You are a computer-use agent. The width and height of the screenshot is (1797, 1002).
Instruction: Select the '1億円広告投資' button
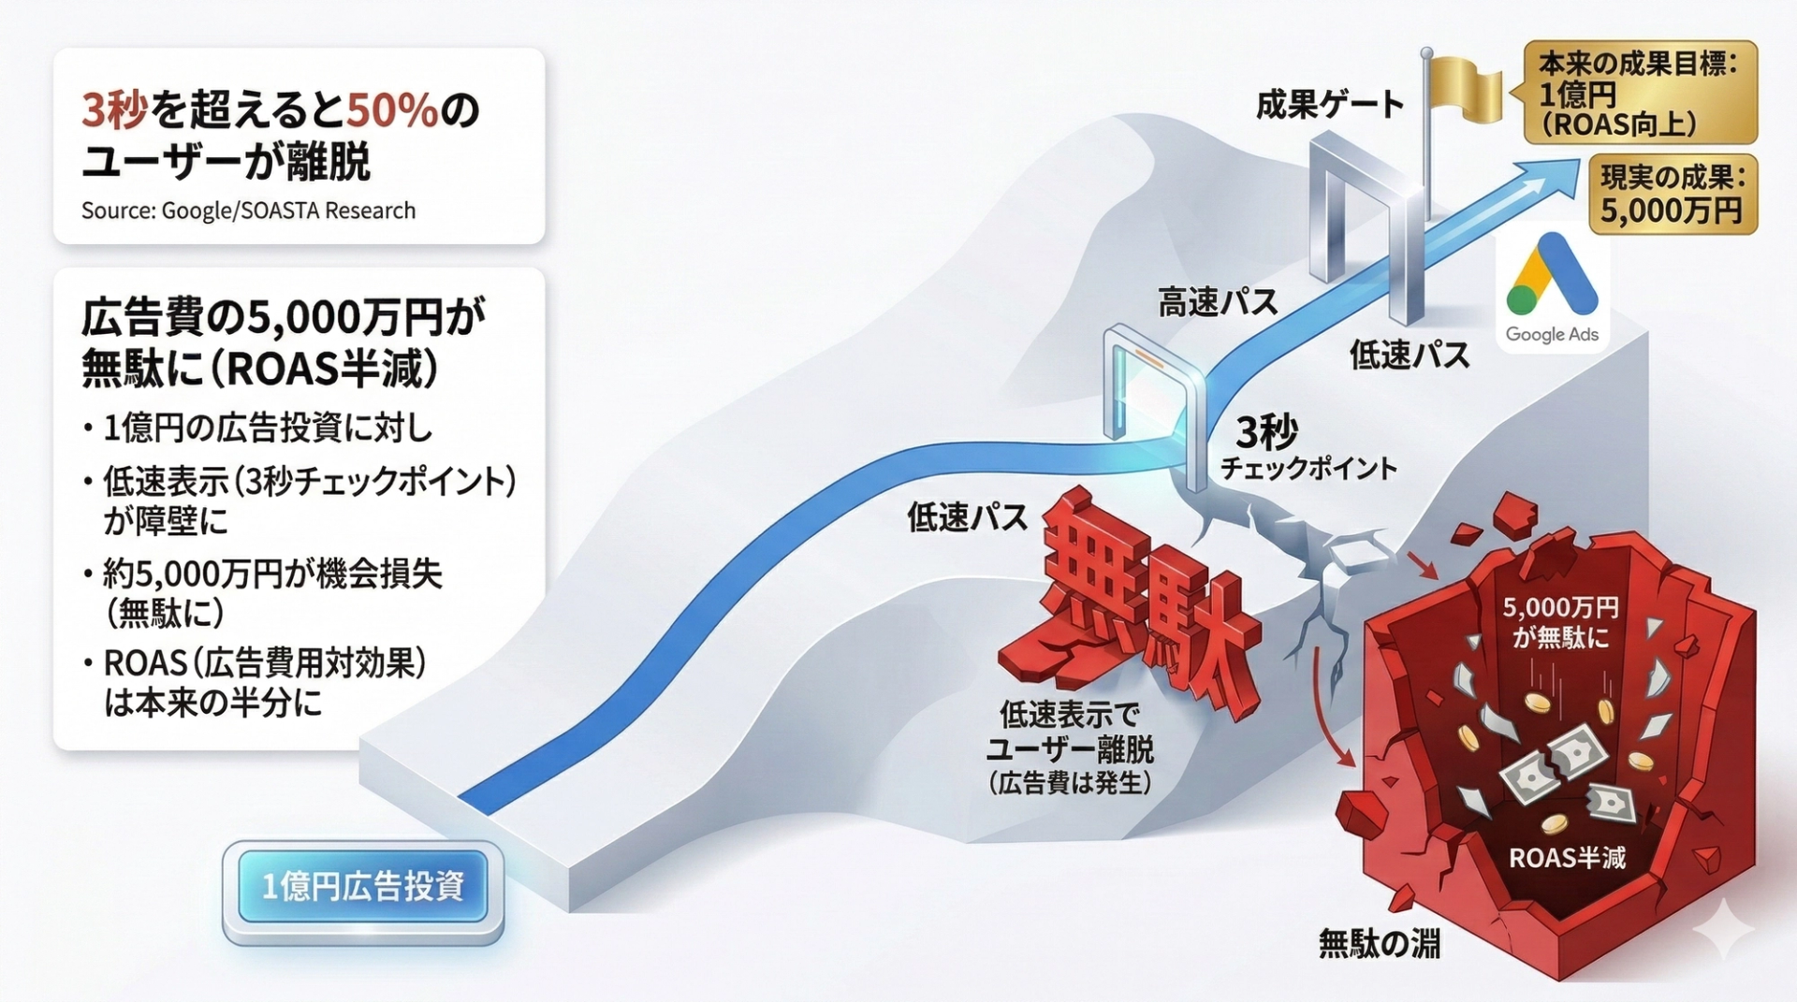pyautogui.click(x=363, y=886)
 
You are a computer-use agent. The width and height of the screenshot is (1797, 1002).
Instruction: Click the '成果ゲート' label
pyautogui.click(x=1329, y=106)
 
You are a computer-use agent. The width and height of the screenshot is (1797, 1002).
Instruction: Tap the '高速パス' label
pyautogui.click(x=1218, y=302)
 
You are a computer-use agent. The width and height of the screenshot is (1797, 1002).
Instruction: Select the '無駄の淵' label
pyautogui.click(x=1379, y=943)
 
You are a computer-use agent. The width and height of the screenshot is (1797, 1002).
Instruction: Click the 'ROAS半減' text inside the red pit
pyautogui.click(x=1567, y=857)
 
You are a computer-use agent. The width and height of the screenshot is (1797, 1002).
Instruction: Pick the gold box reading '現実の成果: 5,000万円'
pyautogui.click(x=1672, y=195)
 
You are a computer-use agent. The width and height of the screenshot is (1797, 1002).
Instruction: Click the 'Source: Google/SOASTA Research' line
pyautogui.click(x=248, y=211)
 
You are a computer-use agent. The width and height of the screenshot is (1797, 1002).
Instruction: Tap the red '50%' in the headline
pyautogui.click(x=392, y=110)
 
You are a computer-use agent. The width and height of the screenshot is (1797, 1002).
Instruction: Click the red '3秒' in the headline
pyautogui.click(x=115, y=110)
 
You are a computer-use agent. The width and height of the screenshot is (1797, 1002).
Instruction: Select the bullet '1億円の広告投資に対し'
pyautogui.click(x=268, y=428)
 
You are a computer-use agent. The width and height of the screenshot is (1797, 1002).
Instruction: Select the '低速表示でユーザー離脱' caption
pyautogui.click(x=1070, y=733)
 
